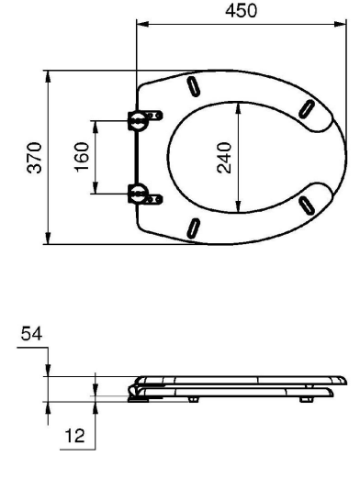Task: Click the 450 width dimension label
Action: tap(241, 11)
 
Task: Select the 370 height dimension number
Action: tap(34, 158)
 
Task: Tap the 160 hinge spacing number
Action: tap(82, 157)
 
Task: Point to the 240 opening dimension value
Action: tap(224, 158)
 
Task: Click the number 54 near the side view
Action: tap(31, 334)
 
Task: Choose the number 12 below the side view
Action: tap(74, 436)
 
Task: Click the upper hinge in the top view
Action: tap(145, 119)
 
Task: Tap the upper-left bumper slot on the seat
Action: tap(193, 86)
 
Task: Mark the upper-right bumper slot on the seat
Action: tap(307, 109)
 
